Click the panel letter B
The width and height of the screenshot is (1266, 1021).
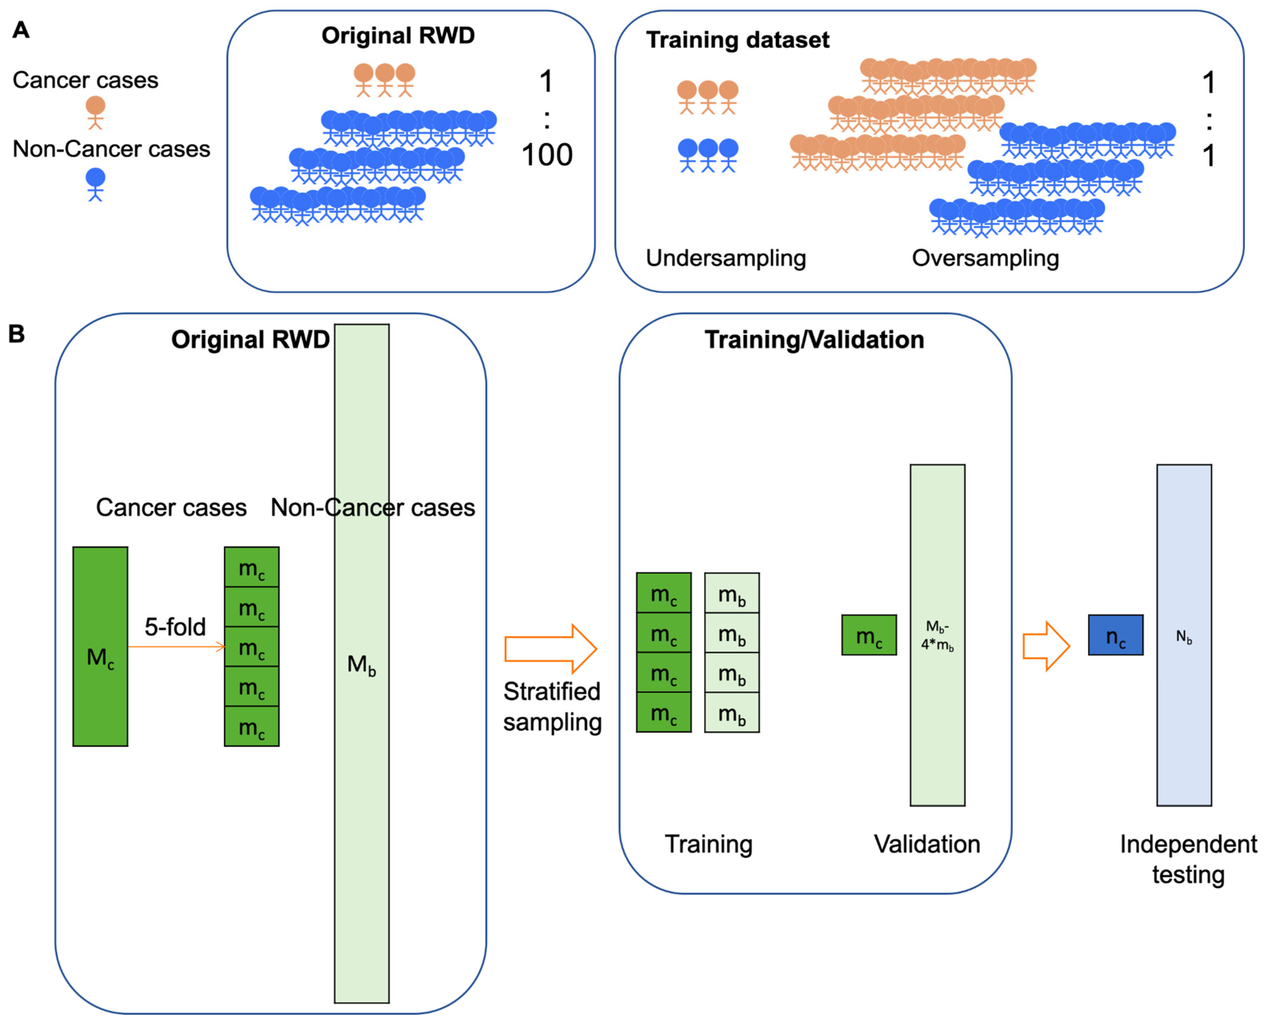16,334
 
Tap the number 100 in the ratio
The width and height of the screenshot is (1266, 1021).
546,155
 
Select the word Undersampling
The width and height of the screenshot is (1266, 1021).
726,258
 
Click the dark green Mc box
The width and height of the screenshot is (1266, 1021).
100,647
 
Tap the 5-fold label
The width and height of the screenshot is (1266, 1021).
175,627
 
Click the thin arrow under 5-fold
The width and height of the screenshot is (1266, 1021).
176,647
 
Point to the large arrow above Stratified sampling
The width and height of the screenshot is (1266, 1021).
550,649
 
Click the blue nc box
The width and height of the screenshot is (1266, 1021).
1115,635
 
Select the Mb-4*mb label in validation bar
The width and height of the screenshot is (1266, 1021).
937,635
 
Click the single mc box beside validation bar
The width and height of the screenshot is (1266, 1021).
868,635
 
